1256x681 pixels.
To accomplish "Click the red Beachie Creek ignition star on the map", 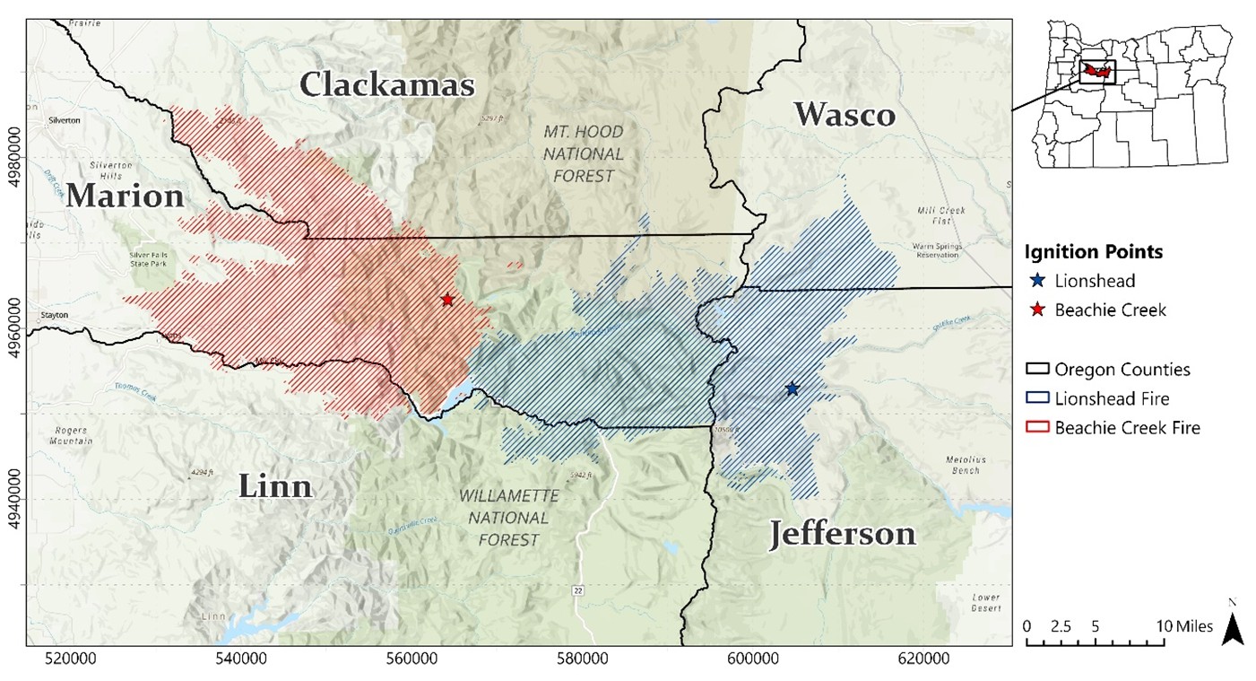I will point(447,300).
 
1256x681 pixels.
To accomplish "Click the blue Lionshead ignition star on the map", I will point(792,389).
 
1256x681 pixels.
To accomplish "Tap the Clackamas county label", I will point(386,85).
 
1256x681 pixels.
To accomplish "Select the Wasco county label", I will point(844,115).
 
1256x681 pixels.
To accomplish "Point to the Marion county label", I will point(125,196).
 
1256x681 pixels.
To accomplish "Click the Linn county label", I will point(275,486).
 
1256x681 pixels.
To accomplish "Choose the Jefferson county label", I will point(843,534).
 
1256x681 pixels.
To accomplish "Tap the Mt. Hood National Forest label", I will point(582,153).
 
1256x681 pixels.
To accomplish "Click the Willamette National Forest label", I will point(509,518).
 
